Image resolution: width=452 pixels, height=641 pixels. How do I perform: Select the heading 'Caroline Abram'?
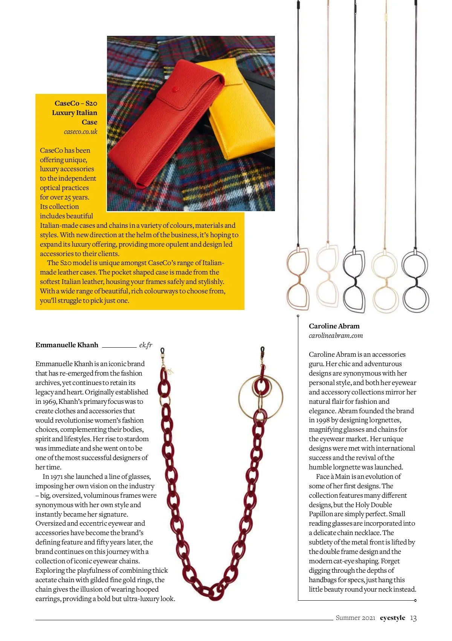click(x=334, y=326)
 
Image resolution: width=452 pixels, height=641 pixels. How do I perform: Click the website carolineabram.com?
click(x=336, y=336)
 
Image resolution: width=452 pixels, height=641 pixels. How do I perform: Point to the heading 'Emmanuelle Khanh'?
click(x=67, y=345)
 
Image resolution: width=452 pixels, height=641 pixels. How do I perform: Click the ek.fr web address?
click(x=146, y=345)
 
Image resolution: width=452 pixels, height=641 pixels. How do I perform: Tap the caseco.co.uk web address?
click(x=81, y=132)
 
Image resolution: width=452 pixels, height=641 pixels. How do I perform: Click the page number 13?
click(x=413, y=618)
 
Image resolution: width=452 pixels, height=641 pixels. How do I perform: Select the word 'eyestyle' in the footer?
click(x=392, y=618)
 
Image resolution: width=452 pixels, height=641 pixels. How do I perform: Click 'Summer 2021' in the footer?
click(x=356, y=618)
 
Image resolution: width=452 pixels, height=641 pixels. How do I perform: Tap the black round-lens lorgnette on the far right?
click(x=415, y=279)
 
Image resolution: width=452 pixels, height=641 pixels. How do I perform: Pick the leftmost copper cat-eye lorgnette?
click(x=298, y=279)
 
